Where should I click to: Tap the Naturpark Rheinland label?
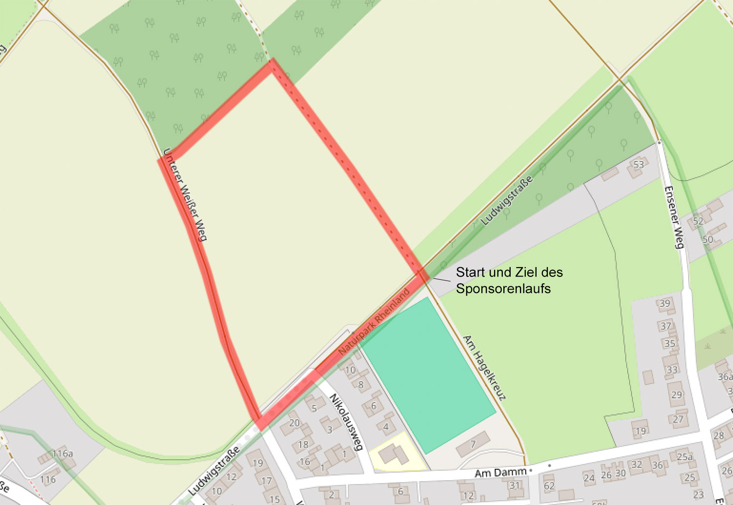point(374,322)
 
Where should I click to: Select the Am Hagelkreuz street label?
point(483,367)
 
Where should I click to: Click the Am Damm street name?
point(500,473)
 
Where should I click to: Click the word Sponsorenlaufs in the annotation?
point(503,289)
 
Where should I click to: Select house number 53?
point(638,165)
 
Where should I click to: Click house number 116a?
point(63,454)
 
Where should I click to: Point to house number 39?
point(665,303)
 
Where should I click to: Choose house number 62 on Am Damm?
point(549,486)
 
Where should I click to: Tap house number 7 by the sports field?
point(473,444)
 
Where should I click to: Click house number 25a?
point(685,457)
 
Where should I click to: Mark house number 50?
point(707,239)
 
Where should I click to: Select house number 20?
point(294,423)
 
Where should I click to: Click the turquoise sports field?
point(428,374)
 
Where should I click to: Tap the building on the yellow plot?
point(393,454)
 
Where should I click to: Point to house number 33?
point(672,370)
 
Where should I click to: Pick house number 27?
point(678,419)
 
